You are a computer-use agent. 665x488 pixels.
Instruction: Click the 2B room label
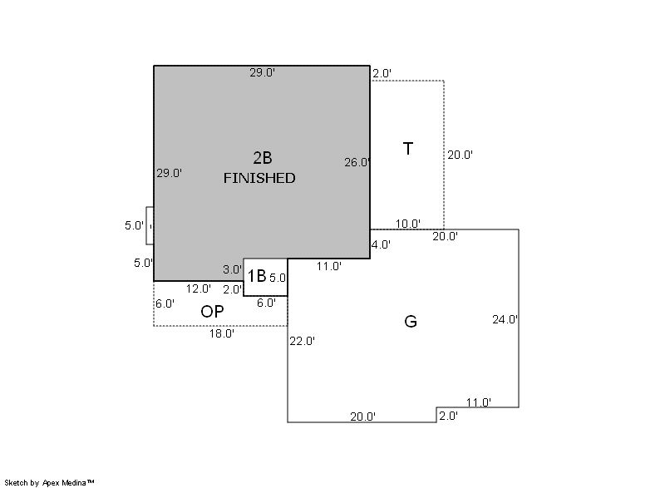[x=263, y=158]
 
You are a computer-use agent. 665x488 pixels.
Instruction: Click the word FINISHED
[x=259, y=178]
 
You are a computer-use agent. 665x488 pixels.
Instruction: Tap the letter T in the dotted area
[x=407, y=149]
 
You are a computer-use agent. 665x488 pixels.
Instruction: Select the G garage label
[x=411, y=322]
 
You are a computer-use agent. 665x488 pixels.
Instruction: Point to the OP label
[x=212, y=312]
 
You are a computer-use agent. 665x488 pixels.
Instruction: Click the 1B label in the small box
[x=257, y=276]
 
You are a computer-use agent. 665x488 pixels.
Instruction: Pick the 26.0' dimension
[x=357, y=162]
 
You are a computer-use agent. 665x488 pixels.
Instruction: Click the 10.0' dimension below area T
[x=408, y=224]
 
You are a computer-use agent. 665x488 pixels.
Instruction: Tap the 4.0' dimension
[x=381, y=244]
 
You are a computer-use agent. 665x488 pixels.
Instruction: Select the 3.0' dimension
[x=233, y=269]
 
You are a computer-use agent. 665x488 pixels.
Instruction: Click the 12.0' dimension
[x=199, y=288]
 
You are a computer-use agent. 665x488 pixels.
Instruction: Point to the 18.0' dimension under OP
[x=222, y=333]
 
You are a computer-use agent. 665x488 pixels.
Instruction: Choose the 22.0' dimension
[x=303, y=341]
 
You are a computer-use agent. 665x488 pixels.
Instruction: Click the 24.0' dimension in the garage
[x=505, y=320]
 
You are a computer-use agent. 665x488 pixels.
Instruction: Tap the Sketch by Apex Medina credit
[x=50, y=482]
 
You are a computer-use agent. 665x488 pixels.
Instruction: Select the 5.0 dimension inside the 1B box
[x=278, y=279]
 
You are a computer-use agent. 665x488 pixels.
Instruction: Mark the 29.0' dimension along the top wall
[x=262, y=72]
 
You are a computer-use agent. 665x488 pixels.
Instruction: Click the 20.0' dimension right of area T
[x=461, y=155]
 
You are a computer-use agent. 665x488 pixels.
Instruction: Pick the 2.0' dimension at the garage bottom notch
[x=448, y=416]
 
